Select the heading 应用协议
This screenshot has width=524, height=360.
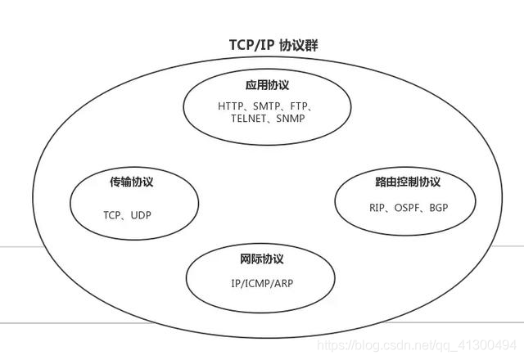(267, 85)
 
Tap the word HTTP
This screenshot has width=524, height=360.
(232, 106)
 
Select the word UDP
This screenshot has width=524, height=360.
(141, 215)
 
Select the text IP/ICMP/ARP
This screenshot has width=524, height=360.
(262, 283)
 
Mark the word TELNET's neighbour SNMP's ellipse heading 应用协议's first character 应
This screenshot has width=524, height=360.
(250, 85)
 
